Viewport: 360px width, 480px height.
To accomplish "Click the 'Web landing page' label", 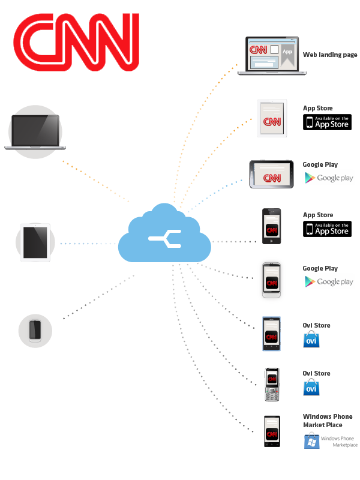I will click(329, 55).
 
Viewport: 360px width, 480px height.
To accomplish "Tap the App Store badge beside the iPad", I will click(327, 122).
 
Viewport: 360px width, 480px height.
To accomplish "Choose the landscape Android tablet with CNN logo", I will click(272, 175).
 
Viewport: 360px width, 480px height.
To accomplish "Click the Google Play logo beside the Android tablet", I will click(328, 178).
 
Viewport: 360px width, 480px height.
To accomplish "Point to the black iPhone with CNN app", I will click(271, 226).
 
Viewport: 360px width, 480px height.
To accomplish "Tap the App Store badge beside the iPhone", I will click(327, 229).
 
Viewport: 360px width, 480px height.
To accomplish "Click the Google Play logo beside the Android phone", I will click(328, 281).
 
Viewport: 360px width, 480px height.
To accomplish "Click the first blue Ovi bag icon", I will click(311, 340).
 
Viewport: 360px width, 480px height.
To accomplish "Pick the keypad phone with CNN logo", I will click(272, 385).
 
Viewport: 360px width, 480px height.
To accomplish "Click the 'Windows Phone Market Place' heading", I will click(328, 421).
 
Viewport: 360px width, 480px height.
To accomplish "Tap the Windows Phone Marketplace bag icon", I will click(311, 442).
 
